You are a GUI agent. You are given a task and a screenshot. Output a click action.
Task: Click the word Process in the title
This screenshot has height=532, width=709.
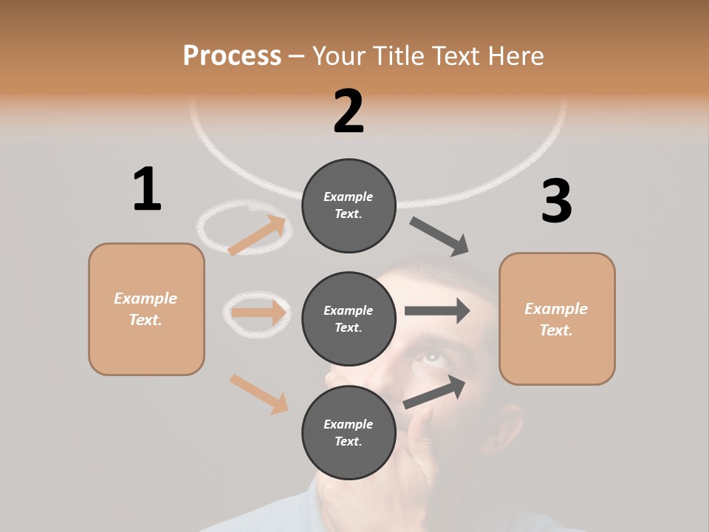coord(232,56)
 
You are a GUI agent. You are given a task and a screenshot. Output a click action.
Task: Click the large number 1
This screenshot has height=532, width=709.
coord(147,189)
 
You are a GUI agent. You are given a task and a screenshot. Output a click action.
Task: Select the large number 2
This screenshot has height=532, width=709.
coord(349,112)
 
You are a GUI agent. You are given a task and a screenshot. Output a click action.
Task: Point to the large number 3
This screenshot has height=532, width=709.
coord(556,201)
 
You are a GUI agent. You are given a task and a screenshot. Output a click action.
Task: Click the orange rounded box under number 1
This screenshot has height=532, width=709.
coord(146,309)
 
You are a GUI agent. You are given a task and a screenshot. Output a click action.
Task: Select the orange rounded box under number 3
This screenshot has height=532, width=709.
coord(557,318)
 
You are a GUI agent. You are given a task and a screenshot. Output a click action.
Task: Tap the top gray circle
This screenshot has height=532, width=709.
coord(349,205)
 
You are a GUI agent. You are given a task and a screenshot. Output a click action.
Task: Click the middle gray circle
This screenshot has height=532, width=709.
coord(349,318)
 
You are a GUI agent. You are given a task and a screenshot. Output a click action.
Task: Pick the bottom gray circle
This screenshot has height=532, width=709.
coord(349,432)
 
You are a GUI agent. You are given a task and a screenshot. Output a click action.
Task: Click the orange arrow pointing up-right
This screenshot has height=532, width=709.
coord(256,236)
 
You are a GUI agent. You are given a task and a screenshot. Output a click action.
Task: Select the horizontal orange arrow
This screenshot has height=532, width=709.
coord(258,313)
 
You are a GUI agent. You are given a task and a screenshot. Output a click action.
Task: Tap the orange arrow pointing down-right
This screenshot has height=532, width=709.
coord(258,393)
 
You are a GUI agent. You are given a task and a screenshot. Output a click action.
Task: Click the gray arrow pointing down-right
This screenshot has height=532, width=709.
coord(440,236)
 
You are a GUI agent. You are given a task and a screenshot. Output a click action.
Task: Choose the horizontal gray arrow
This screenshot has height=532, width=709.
coord(437,310)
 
